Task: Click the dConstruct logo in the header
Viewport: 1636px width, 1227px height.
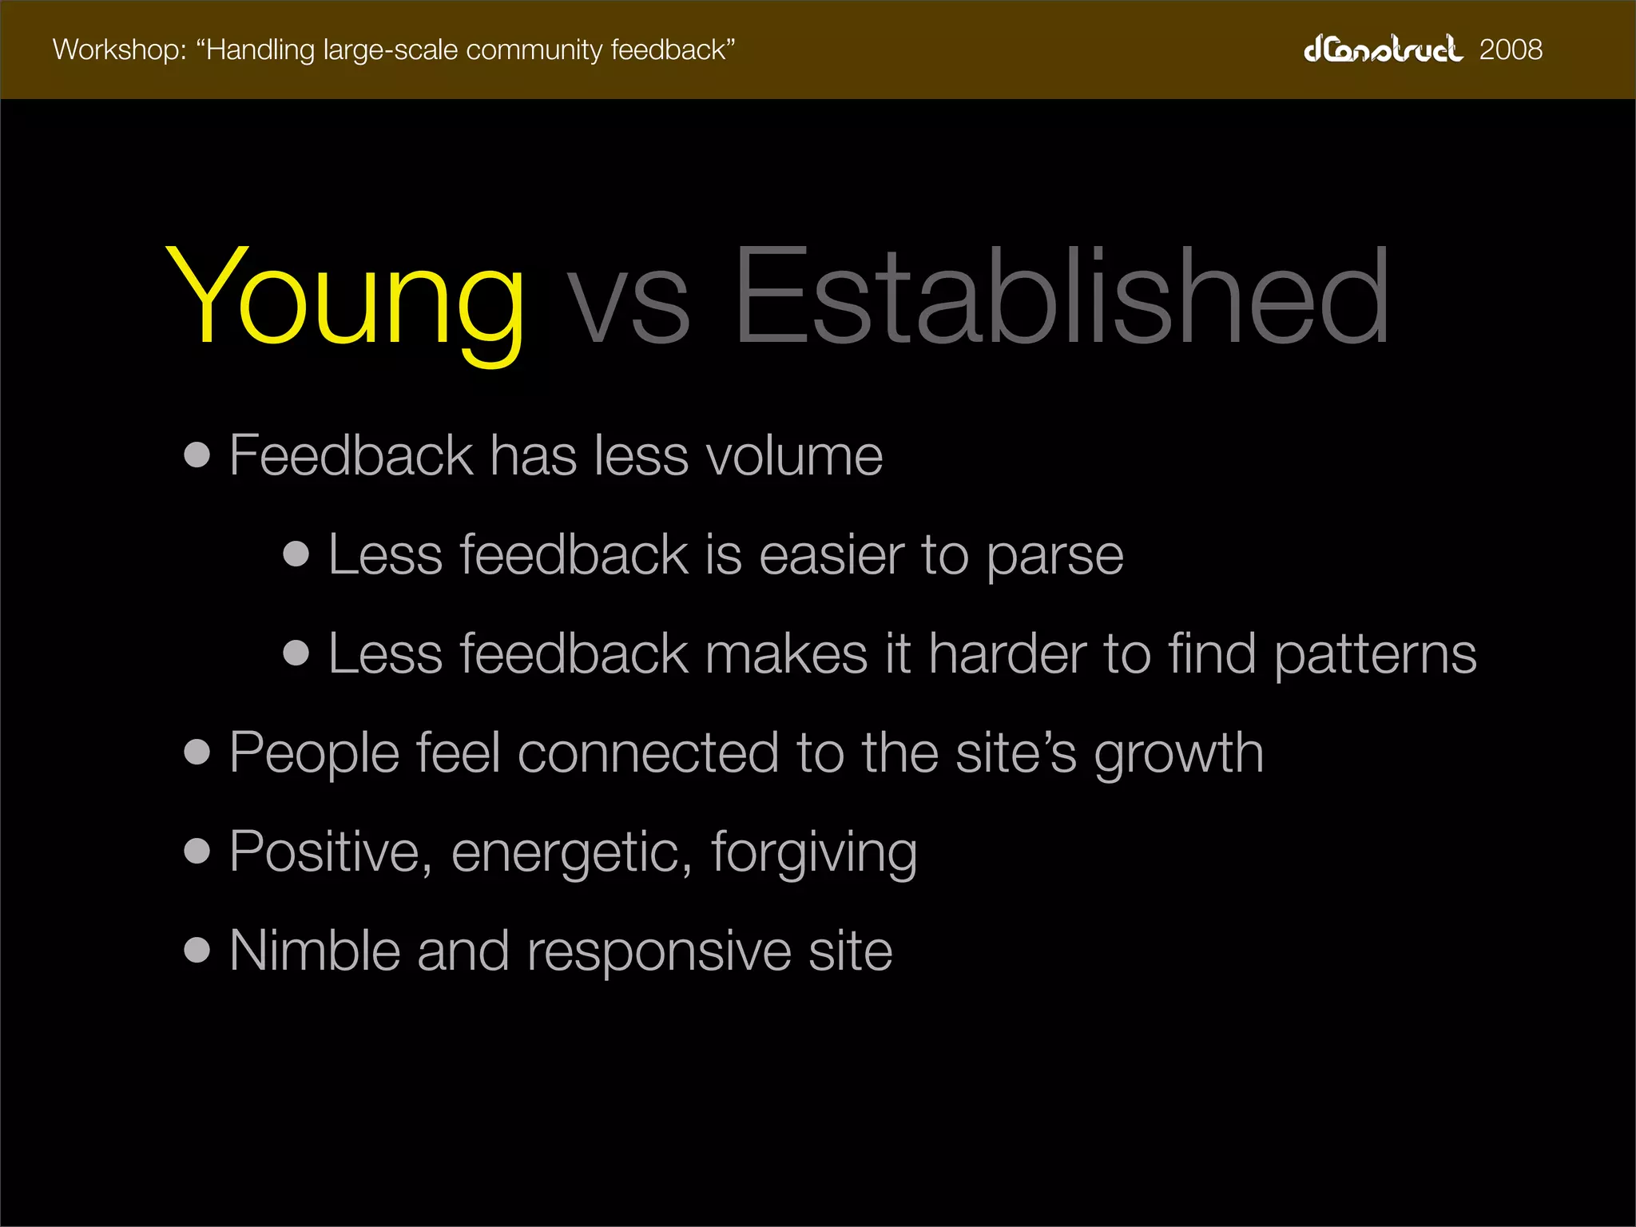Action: click(x=1383, y=50)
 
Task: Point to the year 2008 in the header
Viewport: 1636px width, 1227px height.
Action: click(x=1511, y=50)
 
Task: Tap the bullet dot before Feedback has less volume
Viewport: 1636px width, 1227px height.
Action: click(x=197, y=455)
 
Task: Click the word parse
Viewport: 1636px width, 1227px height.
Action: click(x=1054, y=556)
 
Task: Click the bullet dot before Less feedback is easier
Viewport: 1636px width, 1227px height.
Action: click(x=296, y=554)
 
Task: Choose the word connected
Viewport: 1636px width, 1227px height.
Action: click(x=648, y=753)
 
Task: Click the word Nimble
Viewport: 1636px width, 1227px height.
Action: click(x=315, y=951)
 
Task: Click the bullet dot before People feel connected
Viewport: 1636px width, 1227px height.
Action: click(x=197, y=752)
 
